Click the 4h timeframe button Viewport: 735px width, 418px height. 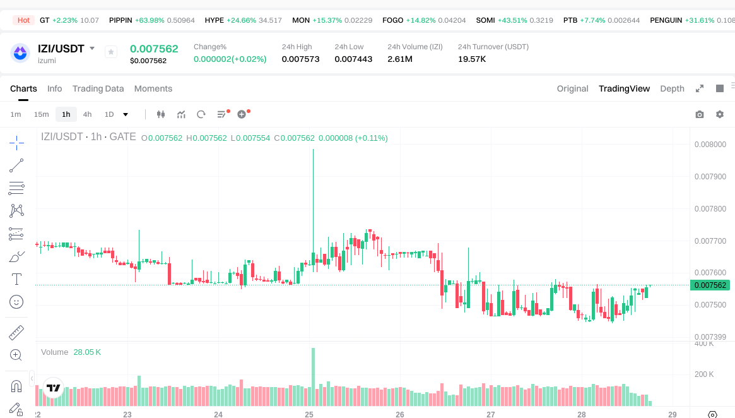pos(87,114)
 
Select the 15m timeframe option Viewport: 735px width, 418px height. pos(41,114)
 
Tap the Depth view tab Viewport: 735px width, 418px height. pos(672,88)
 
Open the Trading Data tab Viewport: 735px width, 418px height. pos(98,88)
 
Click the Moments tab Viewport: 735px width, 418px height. pos(153,88)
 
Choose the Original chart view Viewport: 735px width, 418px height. pos(572,88)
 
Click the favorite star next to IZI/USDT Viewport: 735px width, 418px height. pos(111,52)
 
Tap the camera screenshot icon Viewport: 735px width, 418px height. pos(699,114)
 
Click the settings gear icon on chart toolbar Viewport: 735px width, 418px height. pos(719,114)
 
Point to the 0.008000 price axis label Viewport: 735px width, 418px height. pos(710,144)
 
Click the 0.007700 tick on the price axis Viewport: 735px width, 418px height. pos(710,241)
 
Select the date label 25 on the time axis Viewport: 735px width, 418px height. pos(309,415)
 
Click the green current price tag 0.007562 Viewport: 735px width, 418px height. pos(710,285)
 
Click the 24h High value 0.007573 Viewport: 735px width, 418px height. pos(300,59)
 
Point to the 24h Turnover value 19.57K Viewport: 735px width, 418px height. pos(472,59)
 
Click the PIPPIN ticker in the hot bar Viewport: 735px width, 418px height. pos(121,20)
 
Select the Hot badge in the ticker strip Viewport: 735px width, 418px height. pos(24,20)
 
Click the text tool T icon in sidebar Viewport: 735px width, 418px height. pos(17,279)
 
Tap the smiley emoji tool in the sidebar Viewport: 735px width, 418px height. pos(17,302)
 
